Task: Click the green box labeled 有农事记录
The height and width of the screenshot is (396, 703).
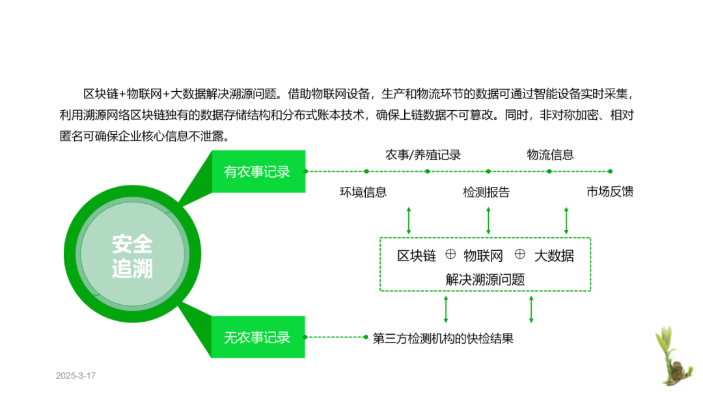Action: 258,172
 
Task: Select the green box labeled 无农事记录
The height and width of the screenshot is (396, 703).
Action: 258,337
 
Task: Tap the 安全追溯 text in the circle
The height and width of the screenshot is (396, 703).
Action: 132,256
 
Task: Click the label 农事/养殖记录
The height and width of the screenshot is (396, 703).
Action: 423,155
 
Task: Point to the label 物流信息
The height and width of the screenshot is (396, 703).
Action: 550,155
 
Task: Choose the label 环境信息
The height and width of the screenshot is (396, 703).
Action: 363,192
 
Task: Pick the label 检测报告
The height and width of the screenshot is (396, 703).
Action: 486,192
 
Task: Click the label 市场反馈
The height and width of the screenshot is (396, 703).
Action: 609,192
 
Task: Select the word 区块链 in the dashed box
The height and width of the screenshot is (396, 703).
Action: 417,256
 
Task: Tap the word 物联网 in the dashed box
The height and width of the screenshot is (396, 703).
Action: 483,256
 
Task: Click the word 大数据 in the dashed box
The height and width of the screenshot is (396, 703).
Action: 554,256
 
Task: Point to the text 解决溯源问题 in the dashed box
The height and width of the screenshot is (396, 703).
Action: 485,279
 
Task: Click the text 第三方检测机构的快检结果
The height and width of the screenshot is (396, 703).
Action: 443,339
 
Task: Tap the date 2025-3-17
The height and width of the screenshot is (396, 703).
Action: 76,376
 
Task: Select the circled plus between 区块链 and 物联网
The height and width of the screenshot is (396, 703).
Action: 450,254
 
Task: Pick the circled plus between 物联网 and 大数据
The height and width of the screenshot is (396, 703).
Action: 519,254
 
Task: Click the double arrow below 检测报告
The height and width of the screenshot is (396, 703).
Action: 488,220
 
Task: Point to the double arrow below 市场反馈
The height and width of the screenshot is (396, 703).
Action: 566,220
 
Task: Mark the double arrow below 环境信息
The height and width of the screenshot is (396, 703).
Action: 408,220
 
